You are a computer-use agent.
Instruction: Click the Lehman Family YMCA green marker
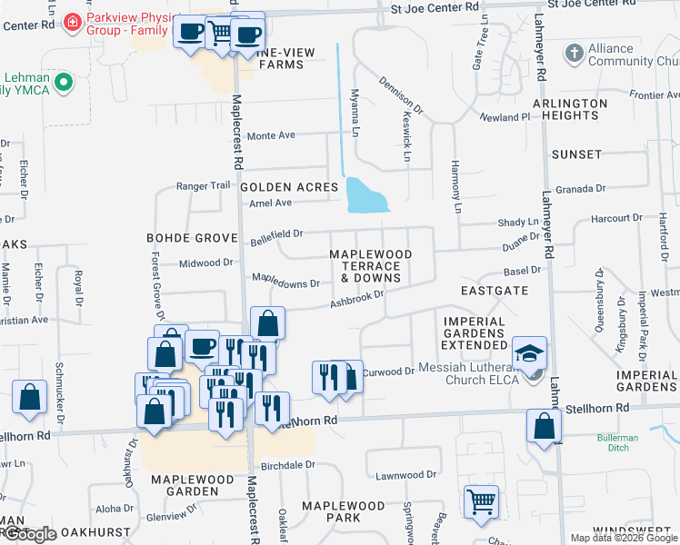pos(63,84)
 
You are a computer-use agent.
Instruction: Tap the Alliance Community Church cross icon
pos(574,54)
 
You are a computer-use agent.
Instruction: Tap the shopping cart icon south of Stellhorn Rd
pos(481,500)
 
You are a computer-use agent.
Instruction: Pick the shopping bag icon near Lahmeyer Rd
pos(544,425)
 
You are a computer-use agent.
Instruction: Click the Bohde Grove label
pos(185,237)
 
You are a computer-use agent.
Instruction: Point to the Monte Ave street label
pos(272,135)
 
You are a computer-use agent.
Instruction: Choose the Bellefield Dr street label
pos(276,237)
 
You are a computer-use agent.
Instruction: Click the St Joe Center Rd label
pos(434,6)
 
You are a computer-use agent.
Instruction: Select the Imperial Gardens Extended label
pos(475,333)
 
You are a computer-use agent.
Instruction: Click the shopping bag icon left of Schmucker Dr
pos(30,397)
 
